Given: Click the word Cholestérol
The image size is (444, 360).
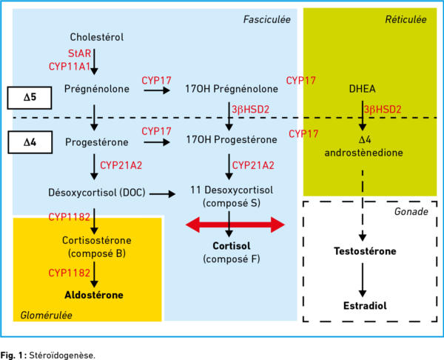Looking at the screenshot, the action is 96,37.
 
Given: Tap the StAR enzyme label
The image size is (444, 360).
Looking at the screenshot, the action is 79,53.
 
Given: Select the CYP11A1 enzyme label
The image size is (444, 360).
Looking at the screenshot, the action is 70,67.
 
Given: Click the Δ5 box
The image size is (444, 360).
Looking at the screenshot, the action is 30,98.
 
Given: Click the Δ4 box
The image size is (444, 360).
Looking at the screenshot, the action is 30,142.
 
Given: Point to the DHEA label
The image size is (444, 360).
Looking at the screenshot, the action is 362,89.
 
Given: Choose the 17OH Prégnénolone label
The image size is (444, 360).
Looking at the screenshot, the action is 232,89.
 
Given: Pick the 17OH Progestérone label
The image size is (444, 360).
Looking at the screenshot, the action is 232,139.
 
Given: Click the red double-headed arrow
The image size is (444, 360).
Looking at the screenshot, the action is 235,224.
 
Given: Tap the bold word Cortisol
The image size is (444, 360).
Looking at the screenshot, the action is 232,246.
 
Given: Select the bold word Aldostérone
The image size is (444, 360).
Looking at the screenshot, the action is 94,295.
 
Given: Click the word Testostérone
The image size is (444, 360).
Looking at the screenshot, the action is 365,251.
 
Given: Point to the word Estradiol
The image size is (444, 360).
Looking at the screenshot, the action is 365,306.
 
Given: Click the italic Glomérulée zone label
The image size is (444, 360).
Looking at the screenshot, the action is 46,316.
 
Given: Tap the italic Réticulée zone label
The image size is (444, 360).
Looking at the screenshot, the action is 406,19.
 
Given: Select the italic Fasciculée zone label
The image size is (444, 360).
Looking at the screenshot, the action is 266,19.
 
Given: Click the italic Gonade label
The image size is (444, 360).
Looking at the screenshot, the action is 411,211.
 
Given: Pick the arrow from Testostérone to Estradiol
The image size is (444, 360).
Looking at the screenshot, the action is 363,280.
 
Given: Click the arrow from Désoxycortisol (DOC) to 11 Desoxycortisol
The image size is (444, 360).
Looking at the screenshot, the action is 162,194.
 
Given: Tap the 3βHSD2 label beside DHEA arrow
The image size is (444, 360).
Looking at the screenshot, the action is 383,110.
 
